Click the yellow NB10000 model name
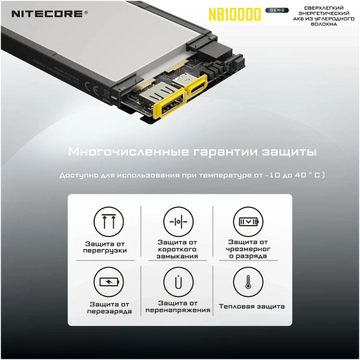pos(234,14)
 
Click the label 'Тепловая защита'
pos(251,307)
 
